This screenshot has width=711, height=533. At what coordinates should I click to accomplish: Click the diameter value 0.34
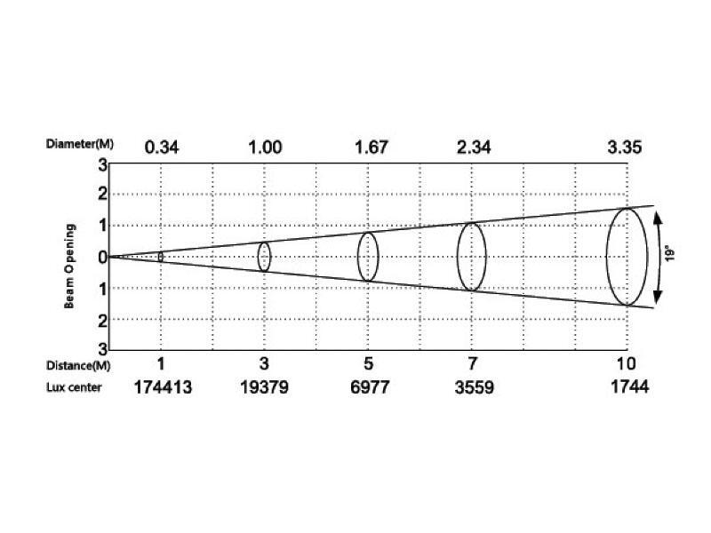[x=162, y=147]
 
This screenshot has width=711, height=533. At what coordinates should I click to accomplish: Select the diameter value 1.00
[x=265, y=147]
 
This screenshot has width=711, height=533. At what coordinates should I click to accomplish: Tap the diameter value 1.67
[x=371, y=147]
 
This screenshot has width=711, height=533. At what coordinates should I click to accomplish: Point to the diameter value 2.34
[x=474, y=147]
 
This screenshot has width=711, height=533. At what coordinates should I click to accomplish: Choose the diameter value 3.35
[x=625, y=147]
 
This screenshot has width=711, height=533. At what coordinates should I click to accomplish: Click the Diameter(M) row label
[x=80, y=144]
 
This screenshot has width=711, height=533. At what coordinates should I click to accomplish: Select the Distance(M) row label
[x=78, y=365]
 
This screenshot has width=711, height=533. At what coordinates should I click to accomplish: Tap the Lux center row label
[x=74, y=387]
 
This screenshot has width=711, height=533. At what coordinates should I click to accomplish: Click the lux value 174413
[x=163, y=387]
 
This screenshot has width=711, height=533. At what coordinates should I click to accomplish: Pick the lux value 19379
[x=264, y=387]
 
